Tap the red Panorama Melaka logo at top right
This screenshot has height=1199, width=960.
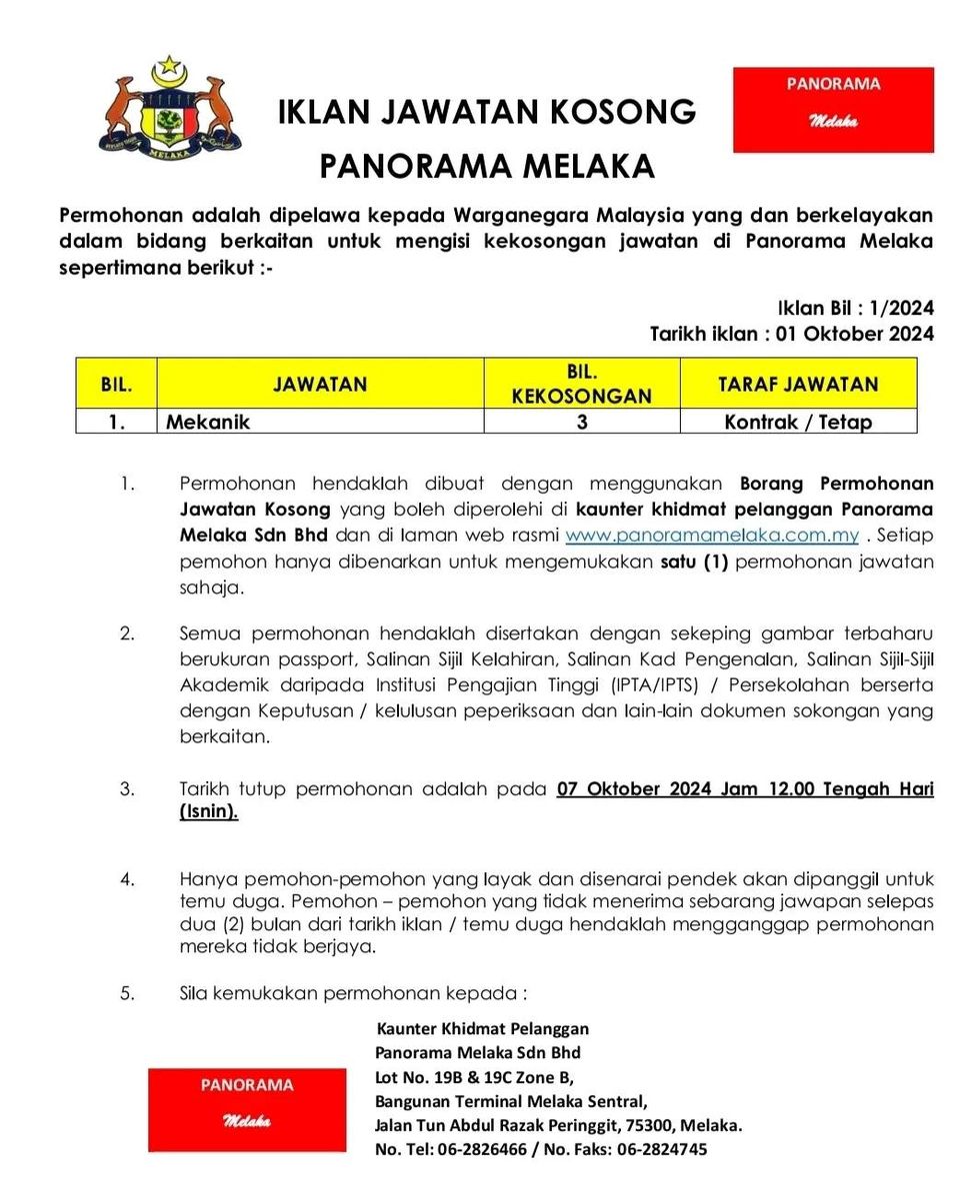pos(833,110)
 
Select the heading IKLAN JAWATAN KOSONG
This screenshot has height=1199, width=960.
pos(487,112)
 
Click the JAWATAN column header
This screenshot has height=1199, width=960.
pos(320,384)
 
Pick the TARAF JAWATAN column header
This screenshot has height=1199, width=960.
pos(797,384)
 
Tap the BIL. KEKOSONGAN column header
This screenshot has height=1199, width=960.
pos(581,384)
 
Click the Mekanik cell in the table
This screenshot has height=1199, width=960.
pos(208,422)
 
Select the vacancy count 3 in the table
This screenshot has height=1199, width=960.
pos(581,422)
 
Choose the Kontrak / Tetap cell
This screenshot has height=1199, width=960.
pos(797,422)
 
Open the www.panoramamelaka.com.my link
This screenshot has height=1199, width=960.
pos(712,536)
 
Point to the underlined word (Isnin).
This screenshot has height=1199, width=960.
pos(209,812)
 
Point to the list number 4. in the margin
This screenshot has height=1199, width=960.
pos(127,879)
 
